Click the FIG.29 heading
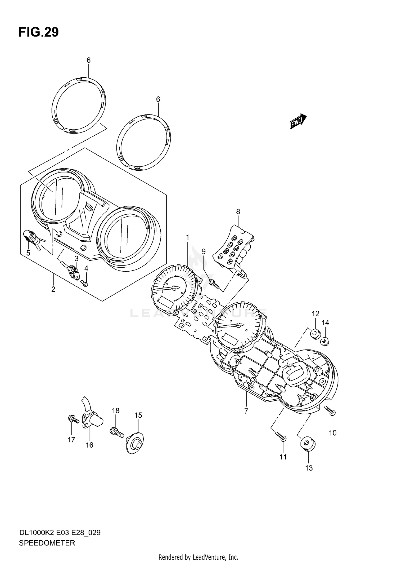pyautogui.click(x=39, y=32)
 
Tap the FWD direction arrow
pyautogui.click(x=298, y=121)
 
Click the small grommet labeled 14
pyautogui.click(x=324, y=341)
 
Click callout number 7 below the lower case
pyautogui.click(x=246, y=411)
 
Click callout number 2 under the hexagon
pyautogui.click(x=53, y=289)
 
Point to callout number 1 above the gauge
pyautogui.click(x=187, y=237)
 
